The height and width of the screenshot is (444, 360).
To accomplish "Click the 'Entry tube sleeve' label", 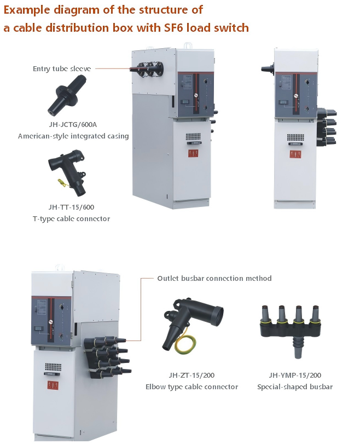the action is pos(62,69).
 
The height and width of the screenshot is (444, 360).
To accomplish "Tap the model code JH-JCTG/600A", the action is pos(73,124).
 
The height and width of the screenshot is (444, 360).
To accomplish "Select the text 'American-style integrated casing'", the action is pos(73,136).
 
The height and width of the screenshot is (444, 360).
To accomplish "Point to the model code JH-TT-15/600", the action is pos(71,207).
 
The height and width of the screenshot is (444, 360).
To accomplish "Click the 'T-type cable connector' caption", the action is pos(71,218).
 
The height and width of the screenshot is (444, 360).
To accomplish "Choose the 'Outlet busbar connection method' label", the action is pos(214,278).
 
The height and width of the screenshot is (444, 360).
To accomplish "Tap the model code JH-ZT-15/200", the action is pos(191,375).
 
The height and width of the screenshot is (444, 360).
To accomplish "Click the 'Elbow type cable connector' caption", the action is pos(191,387).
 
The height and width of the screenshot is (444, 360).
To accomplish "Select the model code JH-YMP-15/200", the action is pos(295,375).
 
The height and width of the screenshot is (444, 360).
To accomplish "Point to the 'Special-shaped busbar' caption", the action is pos(295,387).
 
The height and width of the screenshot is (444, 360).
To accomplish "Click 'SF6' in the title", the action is pos(174,28).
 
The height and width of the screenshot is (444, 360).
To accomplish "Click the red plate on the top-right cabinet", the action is pos(295,154).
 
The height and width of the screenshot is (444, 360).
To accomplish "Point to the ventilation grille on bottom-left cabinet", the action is pos(53,367).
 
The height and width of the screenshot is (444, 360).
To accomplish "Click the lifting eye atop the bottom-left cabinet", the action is pos(60,267).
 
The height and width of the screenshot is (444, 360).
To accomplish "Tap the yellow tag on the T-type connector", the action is pos(63,183).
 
